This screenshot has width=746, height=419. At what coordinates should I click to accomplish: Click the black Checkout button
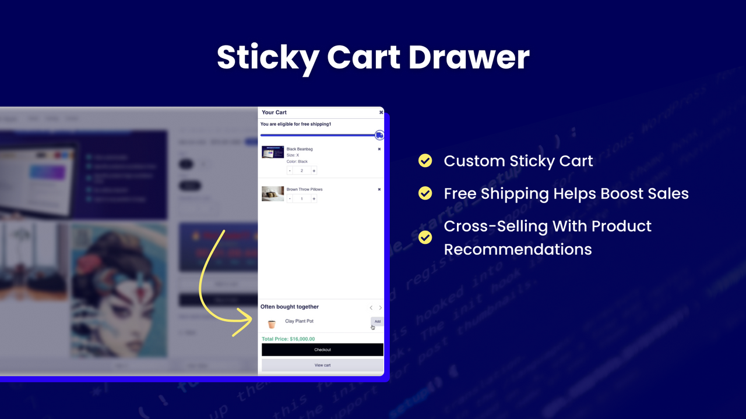pos(322,350)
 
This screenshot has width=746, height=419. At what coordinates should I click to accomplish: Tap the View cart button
pos(322,365)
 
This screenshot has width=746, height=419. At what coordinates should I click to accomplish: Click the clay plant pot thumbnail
pos(272,324)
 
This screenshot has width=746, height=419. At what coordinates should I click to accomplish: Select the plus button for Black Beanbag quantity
pos(314,171)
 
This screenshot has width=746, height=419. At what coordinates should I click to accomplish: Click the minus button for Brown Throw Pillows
pos(290,199)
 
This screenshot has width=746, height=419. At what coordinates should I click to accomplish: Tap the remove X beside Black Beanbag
pos(379,149)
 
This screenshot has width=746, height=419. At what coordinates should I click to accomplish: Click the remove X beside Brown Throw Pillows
pos(379,189)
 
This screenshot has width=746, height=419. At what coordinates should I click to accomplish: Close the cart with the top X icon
pos(381,112)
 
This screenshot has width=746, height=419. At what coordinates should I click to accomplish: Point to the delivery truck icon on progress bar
pos(379,135)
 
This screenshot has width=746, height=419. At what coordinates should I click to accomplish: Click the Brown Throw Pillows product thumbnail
pos(273,194)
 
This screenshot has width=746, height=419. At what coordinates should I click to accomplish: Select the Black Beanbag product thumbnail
pos(273,152)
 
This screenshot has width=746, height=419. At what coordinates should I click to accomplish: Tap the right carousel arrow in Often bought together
pos(381,308)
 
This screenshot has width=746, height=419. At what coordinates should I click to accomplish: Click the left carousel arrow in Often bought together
pos(371,308)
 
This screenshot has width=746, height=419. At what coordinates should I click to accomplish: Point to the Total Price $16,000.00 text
pos(288,339)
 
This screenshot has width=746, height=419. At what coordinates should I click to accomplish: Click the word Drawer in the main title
pos(469,57)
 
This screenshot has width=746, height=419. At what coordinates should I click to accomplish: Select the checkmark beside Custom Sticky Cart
pos(425,161)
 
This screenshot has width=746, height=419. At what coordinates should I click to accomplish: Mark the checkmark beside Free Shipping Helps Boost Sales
pos(425,193)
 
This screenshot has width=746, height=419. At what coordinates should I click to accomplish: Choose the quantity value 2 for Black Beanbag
pos(302,171)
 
